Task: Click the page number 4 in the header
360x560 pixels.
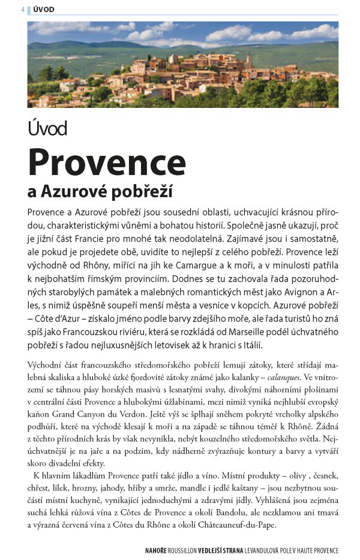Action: (22, 10)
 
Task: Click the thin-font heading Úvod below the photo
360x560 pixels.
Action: (47, 128)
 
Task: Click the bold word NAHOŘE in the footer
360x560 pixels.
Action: (158, 550)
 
